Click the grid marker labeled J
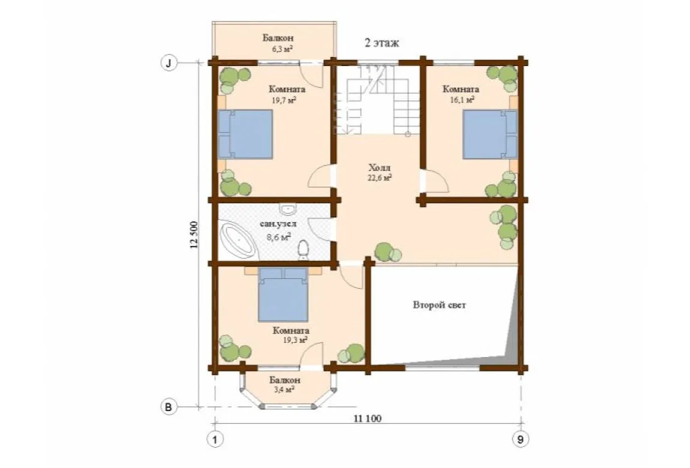click(168, 63)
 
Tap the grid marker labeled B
click(168, 407)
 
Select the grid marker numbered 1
click(215, 439)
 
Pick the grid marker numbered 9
click(521, 439)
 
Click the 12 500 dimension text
click(194, 235)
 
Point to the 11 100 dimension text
click(367, 418)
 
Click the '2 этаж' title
click(382, 43)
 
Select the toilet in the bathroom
click(303, 250)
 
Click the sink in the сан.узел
click(288, 208)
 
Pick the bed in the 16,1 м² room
click(490, 134)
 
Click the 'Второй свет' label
click(439, 305)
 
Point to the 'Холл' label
click(379, 167)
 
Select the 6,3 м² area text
click(283, 49)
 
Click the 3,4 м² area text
click(283, 389)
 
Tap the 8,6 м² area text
click(278, 237)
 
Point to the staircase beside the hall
click(377, 100)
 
